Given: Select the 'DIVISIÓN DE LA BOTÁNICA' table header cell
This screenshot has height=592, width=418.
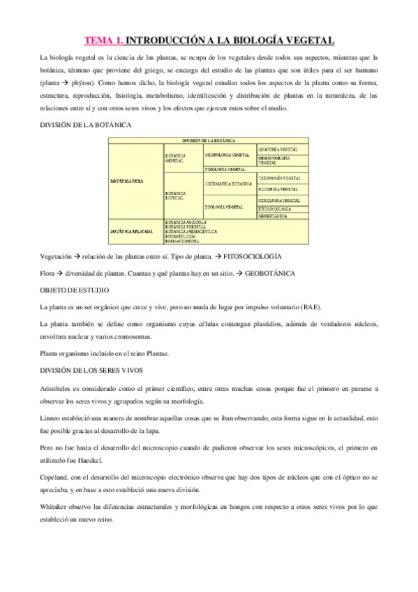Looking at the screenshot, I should click(x=209, y=141).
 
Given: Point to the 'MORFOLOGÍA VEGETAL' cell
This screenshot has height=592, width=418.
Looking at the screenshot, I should click(x=227, y=153).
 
